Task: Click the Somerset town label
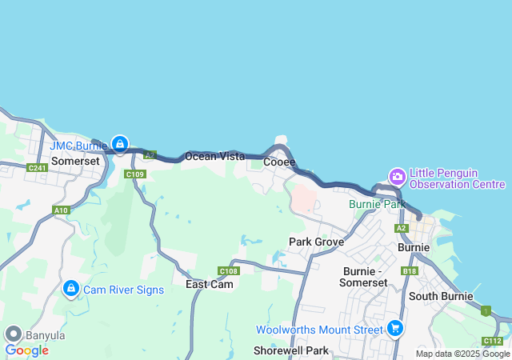click(75, 161)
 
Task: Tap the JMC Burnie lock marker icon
click(119, 144)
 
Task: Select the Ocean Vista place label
click(214, 156)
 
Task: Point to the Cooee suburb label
click(279, 162)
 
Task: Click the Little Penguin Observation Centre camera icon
click(397, 176)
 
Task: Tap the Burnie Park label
click(378, 204)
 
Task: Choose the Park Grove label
click(316, 242)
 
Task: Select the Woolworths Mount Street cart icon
click(394, 328)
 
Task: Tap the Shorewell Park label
click(291, 350)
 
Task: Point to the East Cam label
click(210, 284)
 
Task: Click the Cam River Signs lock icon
click(70, 288)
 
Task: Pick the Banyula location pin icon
click(13, 334)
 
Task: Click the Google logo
click(26, 350)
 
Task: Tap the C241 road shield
click(37, 167)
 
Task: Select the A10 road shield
click(61, 210)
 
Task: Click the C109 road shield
click(134, 174)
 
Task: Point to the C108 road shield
click(228, 270)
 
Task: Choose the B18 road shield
click(410, 271)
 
